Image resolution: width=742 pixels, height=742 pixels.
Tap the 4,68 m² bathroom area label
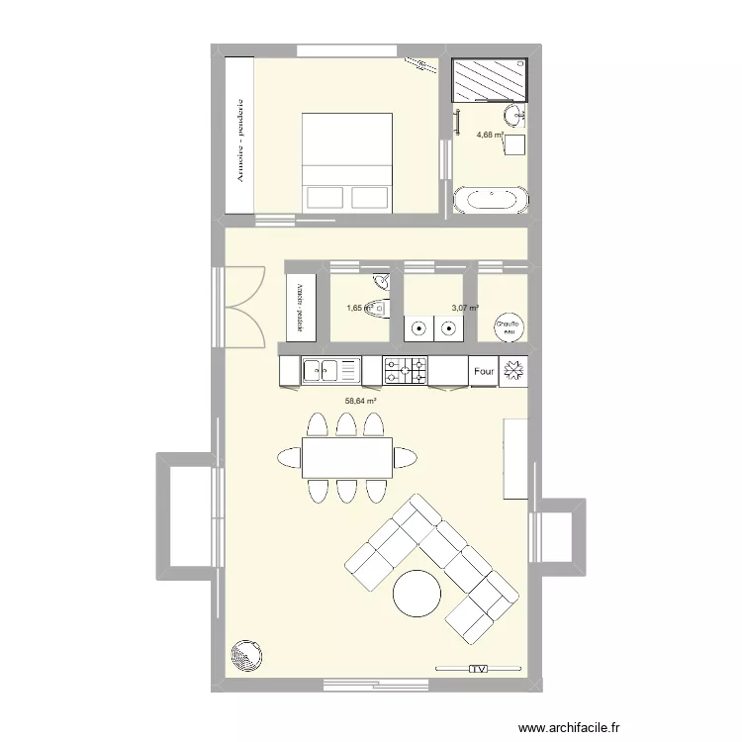point(490,136)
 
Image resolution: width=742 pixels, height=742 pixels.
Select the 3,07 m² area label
point(465,308)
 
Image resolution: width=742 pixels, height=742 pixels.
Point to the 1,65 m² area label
point(357,308)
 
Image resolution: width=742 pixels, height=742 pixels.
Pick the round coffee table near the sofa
point(417,595)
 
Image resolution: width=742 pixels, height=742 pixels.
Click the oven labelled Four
point(483,372)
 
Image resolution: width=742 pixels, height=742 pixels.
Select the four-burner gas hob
point(406,371)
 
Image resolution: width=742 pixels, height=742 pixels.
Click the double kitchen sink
point(331,371)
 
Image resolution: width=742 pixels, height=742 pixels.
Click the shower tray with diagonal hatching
point(489,81)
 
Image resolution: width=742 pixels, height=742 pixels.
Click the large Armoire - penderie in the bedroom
point(240,136)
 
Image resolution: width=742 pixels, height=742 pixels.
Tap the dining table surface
point(346,457)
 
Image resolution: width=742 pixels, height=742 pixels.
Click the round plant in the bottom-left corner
point(245,656)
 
